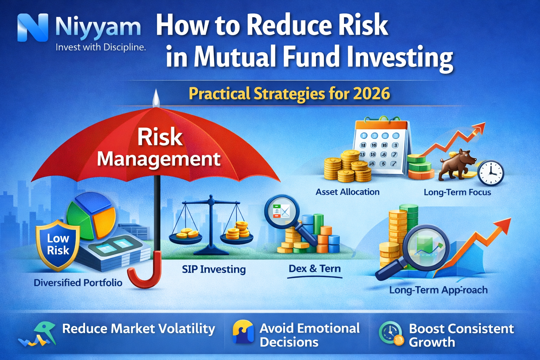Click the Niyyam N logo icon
click(x=32, y=28)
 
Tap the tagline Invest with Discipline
click(x=101, y=47)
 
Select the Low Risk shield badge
click(x=58, y=245)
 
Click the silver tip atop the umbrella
click(x=155, y=98)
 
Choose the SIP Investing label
click(x=214, y=269)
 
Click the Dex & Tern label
click(x=315, y=269)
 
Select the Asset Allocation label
click(x=347, y=192)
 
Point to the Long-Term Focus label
click(x=457, y=192)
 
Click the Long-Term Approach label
click(x=438, y=290)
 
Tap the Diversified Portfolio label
click(x=78, y=283)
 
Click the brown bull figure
click(x=457, y=163)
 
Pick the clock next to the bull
click(x=491, y=173)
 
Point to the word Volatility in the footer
click(x=186, y=329)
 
